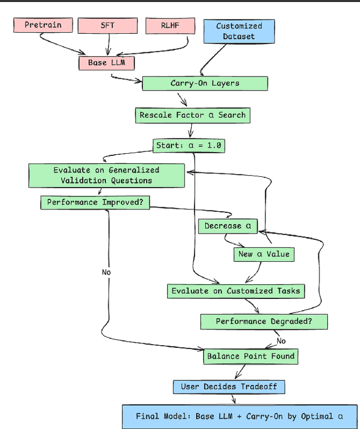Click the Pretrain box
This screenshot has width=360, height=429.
[x=42, y=25]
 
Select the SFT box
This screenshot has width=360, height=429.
[x=107, y=25]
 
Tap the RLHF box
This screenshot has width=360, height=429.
[x=170, y=25]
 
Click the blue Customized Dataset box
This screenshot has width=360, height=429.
[x=239, y=31]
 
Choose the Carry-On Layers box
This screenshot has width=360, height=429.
[x=205, y=83]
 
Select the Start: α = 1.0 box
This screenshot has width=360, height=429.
[x=188, y=146]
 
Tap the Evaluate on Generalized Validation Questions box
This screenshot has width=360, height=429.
[x=106, y=175]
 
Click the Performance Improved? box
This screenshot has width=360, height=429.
[x=95, y=202]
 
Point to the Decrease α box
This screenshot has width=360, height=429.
[x=227, y=226]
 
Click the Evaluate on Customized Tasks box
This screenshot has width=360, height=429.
[x=236, y=291]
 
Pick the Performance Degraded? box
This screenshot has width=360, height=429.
[x=264, y=321]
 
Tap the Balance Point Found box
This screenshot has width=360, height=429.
[x=250, y=356]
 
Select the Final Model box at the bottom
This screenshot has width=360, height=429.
[x=239, y=417]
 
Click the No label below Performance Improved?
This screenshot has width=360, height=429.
[x=106, y=272]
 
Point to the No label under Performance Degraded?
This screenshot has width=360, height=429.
[x=281, y=341]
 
